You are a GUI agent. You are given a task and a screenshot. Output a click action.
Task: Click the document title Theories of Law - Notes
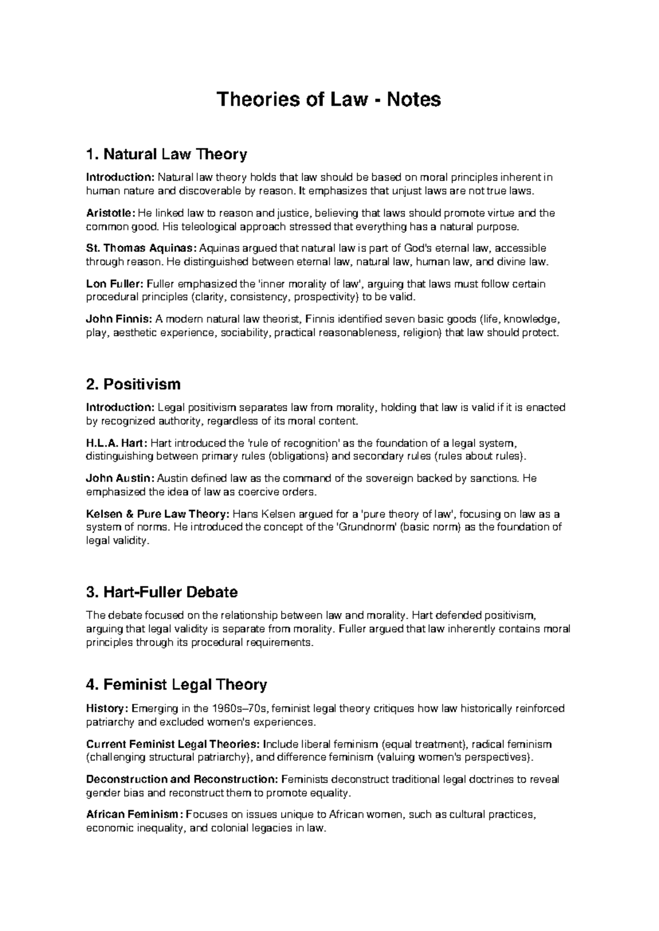click(329, 100)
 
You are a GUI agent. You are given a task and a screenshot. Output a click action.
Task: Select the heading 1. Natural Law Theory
click(166, 154)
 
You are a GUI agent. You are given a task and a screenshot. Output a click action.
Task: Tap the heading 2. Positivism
click(133, 384)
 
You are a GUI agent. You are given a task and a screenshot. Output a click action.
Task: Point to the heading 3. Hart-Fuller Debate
click(162, 592)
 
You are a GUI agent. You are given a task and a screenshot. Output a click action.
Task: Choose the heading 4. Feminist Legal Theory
click(177, 685)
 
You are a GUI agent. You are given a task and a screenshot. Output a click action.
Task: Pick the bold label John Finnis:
click(119, 320)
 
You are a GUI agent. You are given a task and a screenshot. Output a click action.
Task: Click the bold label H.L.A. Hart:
click(117, 443)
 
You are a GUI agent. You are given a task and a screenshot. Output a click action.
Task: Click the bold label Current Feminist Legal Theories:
click(173, 744)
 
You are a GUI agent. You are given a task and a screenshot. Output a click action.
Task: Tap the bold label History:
click(106, 709)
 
